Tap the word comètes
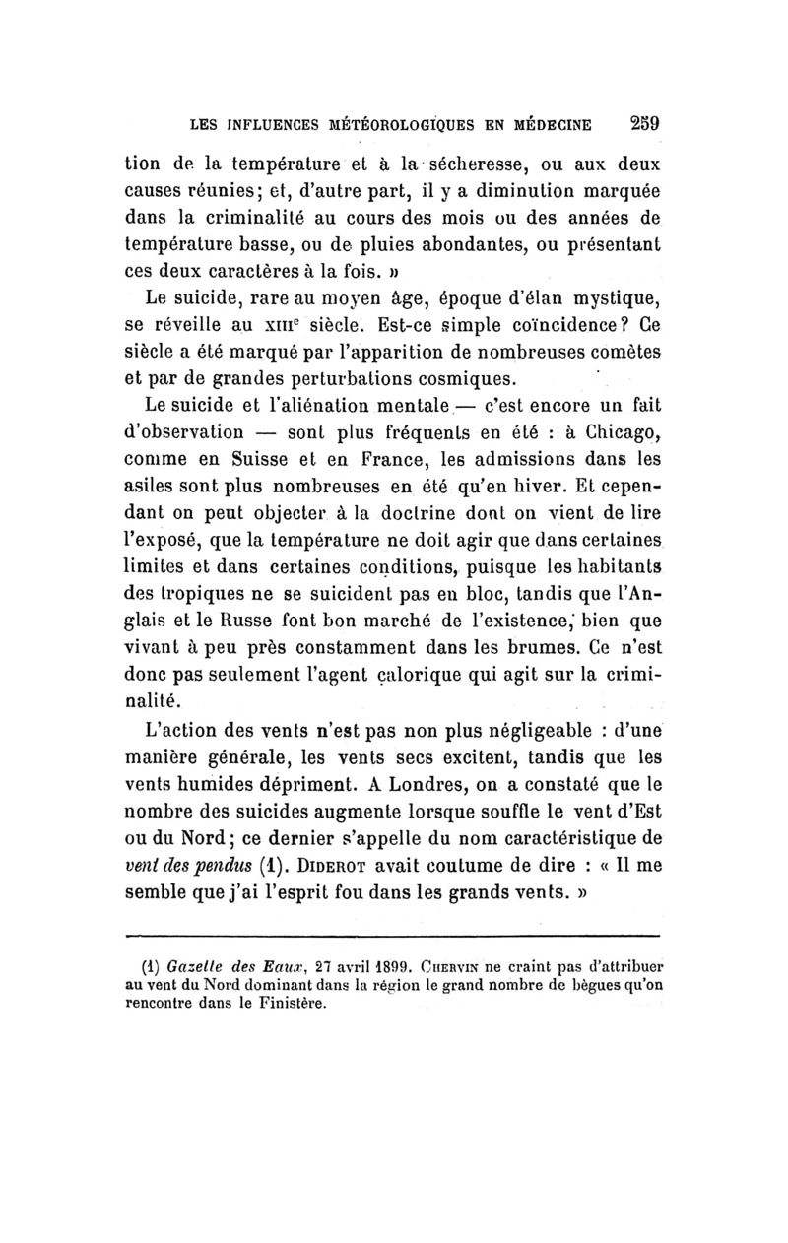click(x=614, y=350)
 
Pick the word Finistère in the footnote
click(x=291, y=1005)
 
